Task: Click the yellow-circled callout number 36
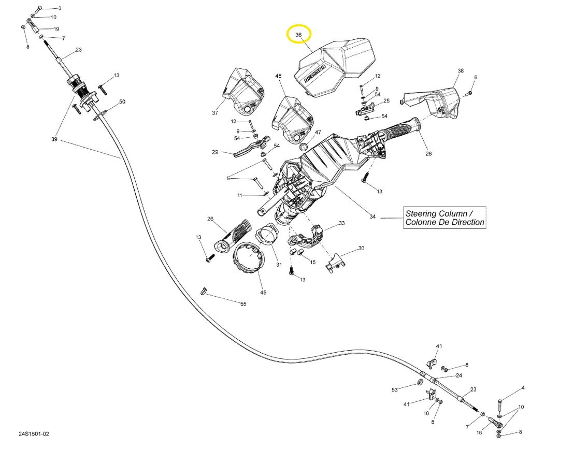click(x=298, y=35)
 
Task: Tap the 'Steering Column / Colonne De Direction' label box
click(x=444, y=218)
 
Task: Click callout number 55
click(x=243, y=303)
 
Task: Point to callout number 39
click(x=54, y=140)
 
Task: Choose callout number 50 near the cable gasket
click(x=122, y=102)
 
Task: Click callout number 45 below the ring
click(x=263, y=293)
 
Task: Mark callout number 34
click(x=372, y=216)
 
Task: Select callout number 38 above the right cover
click(x=461, y=70)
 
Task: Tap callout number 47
click(x=318, y=133)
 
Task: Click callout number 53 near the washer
click(x=394, y=389)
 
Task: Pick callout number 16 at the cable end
click(x=479, y=432)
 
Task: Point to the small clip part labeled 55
click(x=204, y=290)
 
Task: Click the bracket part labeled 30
click(x=335, y=262)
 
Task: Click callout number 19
click(x=56, y=29)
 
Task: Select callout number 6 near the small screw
click(x=476, y=78)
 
